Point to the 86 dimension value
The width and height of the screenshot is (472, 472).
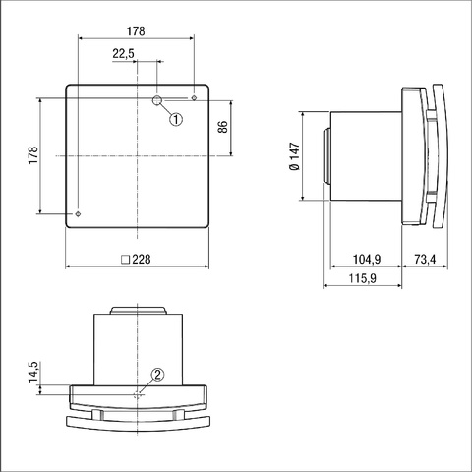click(x=222, y=127)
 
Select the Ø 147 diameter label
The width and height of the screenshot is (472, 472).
click(x=295, y=156)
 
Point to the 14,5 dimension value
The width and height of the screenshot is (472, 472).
click(x=32, y=375)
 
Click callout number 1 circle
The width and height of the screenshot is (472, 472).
click(x=176, y=119)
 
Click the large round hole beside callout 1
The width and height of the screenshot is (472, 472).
click(x=158, y=101)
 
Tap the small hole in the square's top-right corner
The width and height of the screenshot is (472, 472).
click(x=195, y=98)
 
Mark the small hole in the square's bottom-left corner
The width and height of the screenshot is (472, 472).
click(x=77, y=213)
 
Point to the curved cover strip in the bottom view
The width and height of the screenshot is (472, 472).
click(x=138, y=420)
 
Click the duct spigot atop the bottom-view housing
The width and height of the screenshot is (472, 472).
click(x=138, y=311)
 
